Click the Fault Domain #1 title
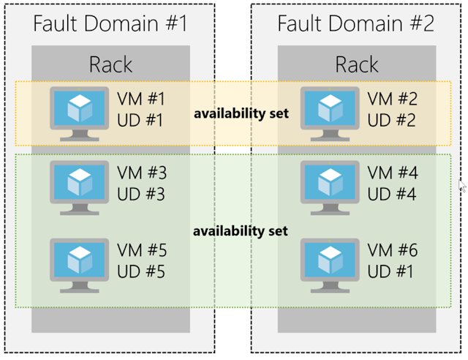[110, 23]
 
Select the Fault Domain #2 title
[356, 23]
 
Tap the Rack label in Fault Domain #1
[110, 64]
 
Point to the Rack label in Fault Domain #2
[356, 64]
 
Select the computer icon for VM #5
[78, 261]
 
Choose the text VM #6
[392, 251]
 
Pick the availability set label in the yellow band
[241, 114]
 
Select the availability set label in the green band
[241, 231]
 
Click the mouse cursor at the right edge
[461, 184]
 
